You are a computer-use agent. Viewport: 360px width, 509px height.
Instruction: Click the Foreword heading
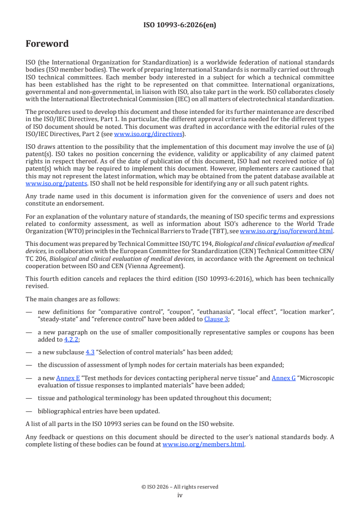47,44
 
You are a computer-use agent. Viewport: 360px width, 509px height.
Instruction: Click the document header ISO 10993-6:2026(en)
180,25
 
